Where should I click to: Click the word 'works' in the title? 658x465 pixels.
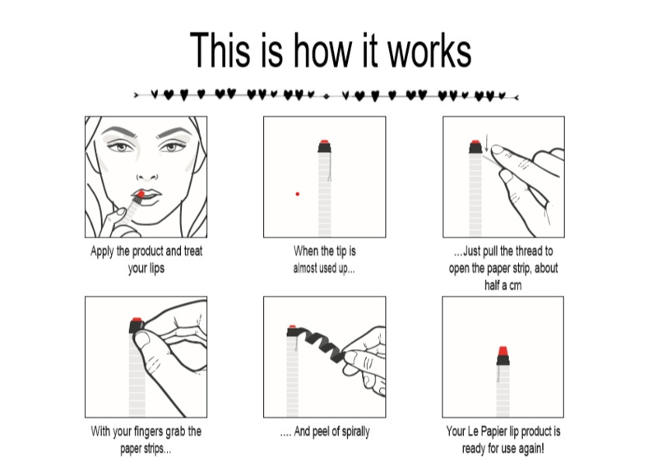coord(429,51)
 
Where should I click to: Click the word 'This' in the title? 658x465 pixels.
coord(220,50)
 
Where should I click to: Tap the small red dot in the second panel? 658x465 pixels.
coord(298,194)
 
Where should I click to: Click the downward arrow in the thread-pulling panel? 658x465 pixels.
coord(486,144)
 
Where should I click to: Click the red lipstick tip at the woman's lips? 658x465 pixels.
coord(140,194)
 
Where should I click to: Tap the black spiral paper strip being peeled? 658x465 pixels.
coord(322,341)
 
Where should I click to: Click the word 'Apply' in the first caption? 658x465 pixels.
coord(102,251)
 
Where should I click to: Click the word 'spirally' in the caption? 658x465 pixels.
coord(354,431)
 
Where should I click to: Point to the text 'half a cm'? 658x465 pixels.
coord(503,286)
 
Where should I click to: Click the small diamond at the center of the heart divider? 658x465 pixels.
coord(327,96)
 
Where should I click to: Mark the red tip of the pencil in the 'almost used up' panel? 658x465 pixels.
coord(324,142)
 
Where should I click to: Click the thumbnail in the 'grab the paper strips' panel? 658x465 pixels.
coord(141,338)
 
